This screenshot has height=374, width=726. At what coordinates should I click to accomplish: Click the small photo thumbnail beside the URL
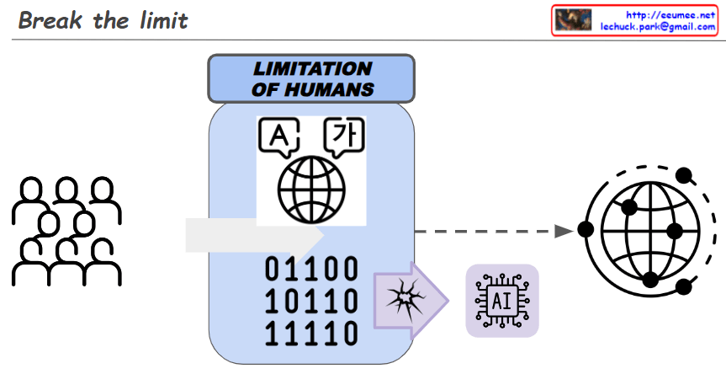574,20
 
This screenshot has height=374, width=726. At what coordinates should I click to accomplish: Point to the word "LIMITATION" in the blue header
312,69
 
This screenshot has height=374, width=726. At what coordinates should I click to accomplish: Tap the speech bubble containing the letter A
280,136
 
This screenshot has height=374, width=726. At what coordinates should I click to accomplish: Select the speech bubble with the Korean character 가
342,135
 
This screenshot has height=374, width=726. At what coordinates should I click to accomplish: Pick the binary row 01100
312,270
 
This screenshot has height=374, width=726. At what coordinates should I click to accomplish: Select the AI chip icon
502,301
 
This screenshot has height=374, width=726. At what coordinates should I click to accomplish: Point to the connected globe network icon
646,229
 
